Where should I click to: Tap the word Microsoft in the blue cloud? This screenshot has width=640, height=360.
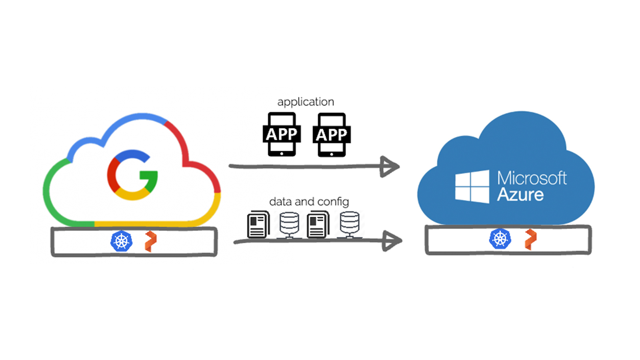(532, 178)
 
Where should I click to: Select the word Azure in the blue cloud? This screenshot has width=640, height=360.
(520, 195)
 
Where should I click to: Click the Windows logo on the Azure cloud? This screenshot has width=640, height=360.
(472, 186)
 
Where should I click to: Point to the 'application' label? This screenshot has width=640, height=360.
(306, 102)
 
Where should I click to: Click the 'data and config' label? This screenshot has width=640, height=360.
(309, 202)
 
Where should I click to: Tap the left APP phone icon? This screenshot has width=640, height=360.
(282, 134)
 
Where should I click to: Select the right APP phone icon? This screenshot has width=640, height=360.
(332, 134)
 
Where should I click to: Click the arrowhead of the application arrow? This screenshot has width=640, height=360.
(389, 166)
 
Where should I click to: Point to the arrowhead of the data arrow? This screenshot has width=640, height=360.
(392, 241)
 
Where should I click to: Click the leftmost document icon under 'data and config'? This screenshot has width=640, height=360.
(258, 224)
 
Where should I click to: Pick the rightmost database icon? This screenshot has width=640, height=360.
(350, 225)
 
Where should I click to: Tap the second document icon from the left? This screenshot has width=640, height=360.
(318, 224)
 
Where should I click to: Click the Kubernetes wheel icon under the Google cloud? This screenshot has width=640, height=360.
(122, 241)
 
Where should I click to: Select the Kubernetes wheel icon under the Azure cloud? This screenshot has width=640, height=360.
(500, 238)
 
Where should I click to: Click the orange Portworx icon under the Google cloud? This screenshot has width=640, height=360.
(151, 242)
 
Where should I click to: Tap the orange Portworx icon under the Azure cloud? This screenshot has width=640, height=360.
(531, 240)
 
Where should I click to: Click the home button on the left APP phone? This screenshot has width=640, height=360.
(282, 154)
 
